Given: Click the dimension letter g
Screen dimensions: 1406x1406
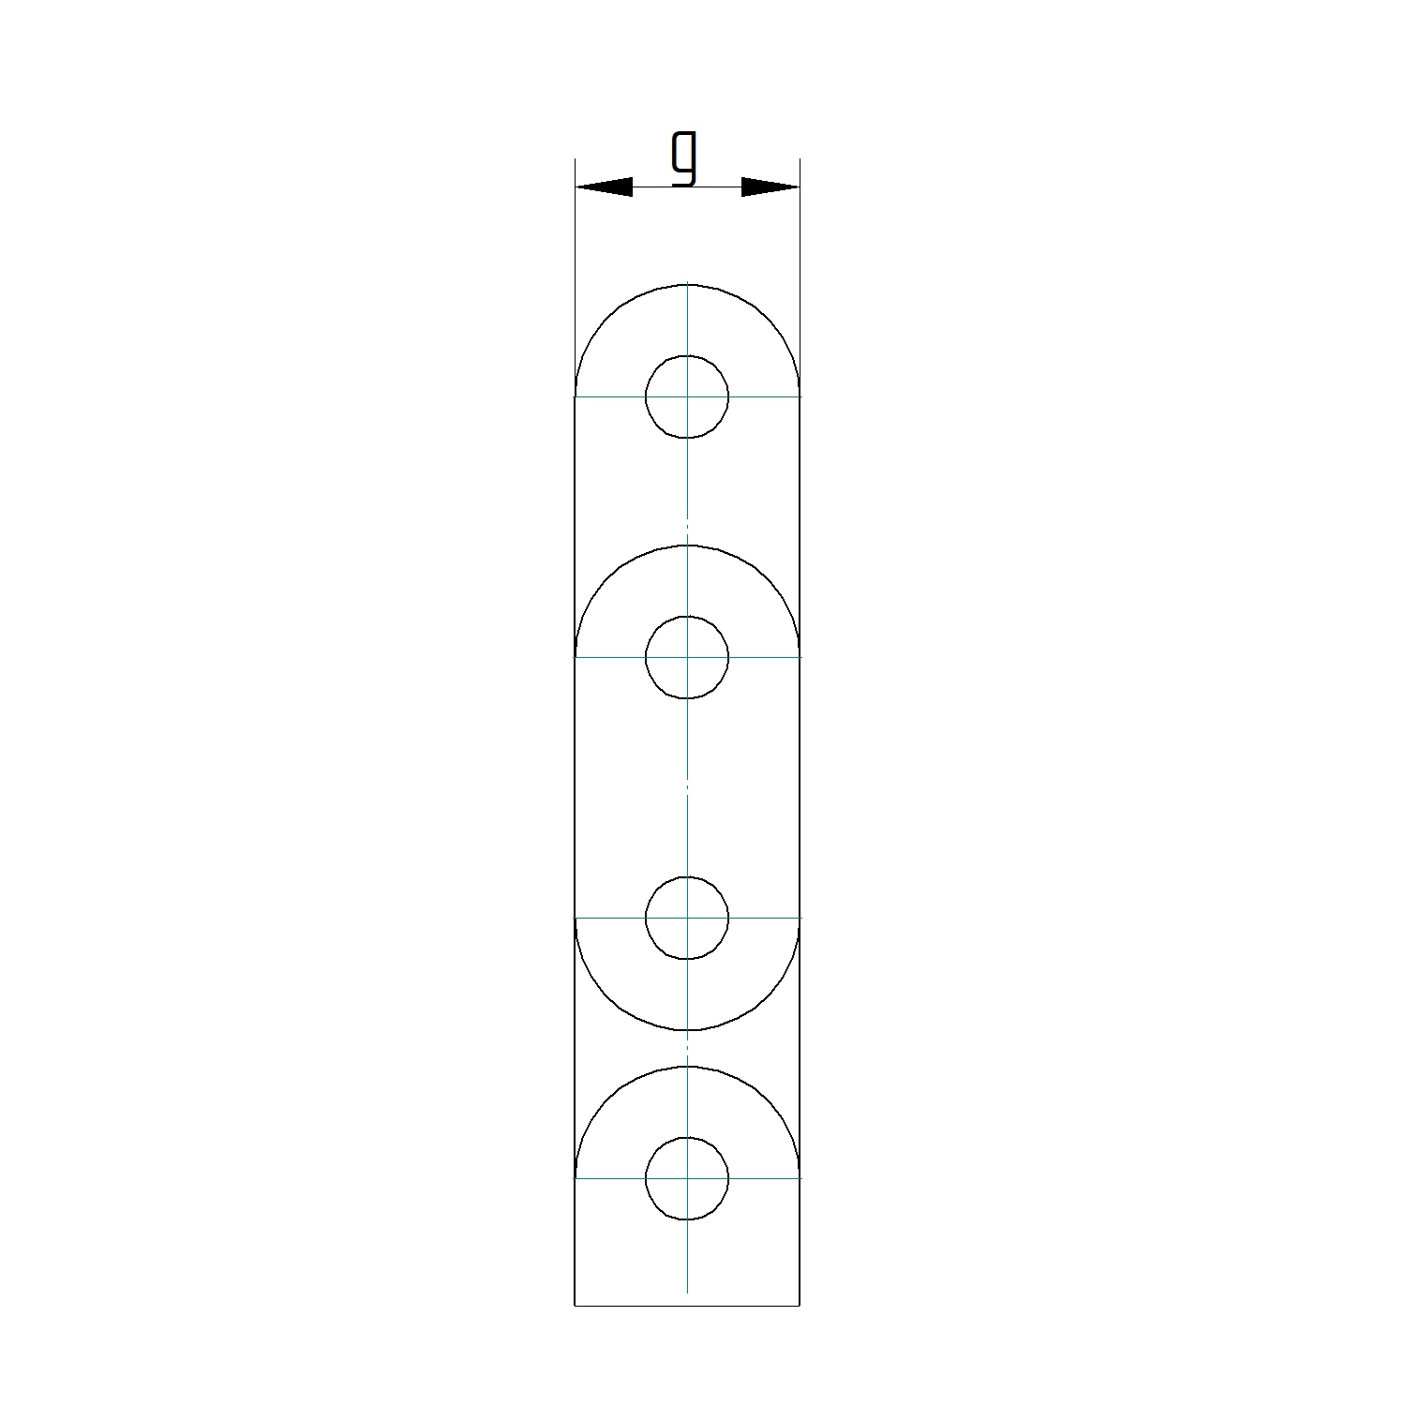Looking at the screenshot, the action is (686, 157).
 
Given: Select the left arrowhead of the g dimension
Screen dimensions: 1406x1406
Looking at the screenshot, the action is (604, 187).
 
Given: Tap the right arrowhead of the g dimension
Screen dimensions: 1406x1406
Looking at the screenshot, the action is (770, 187).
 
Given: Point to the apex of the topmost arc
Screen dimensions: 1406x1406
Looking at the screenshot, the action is (687, 284).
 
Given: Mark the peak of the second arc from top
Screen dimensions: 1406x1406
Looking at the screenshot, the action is (687, 546).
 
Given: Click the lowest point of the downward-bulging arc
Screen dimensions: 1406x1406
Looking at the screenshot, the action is (687, 1030).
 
